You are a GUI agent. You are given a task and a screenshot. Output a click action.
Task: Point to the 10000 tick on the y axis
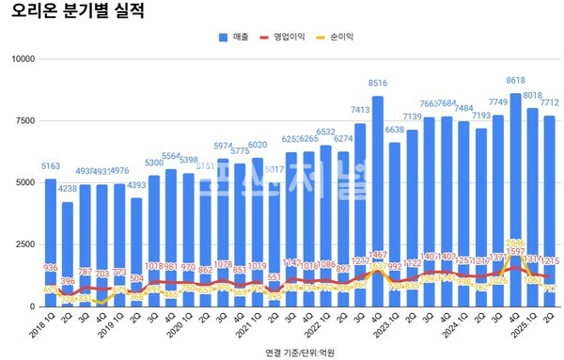coord(21,59)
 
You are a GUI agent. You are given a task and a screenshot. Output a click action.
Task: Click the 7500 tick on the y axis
coord(23,121)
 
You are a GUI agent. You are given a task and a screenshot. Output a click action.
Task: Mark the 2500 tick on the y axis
coord(23,245)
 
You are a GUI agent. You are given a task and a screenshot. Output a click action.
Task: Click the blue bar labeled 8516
coord(378,188)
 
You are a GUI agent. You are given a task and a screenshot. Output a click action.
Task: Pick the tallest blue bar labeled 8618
coord(515,188)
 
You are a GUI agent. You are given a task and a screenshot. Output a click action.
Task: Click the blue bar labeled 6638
coord(395,216)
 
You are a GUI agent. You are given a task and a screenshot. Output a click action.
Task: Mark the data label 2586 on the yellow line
coord(515,243)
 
